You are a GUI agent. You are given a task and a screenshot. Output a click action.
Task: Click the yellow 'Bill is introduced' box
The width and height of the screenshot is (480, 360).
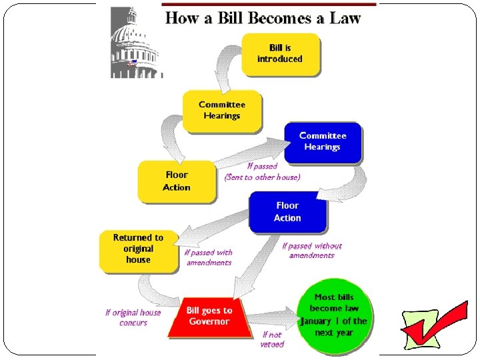(x=280, y=53)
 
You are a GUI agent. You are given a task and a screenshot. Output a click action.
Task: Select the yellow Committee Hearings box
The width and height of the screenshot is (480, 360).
(x=222, y=110)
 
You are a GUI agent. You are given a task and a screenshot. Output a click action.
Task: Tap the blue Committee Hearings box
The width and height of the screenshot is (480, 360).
(x=323, y=141)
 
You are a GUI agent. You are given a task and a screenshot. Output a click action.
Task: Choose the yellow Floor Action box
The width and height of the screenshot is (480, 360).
(x=177, y=181)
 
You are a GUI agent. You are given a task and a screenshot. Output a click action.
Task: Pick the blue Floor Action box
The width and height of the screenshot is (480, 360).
(x=287, y=212)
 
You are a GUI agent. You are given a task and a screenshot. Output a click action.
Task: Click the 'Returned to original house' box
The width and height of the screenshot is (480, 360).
(x=138, y=249)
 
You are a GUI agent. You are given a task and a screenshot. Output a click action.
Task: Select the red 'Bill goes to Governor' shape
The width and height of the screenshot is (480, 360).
(x=209, y=317)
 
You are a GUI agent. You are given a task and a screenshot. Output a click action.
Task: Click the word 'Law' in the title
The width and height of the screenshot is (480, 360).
(x=345, y=18)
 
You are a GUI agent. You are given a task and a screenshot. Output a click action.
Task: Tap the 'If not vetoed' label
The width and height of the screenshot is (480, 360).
(x=272, y=339)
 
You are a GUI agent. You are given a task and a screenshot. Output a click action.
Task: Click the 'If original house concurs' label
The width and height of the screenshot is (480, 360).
(x=133, y=317)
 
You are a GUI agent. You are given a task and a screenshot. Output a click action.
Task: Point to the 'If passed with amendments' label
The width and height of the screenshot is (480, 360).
(x=209, y=257)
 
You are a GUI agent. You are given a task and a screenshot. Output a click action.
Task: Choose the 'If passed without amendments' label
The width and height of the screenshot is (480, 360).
(x=311, y=251)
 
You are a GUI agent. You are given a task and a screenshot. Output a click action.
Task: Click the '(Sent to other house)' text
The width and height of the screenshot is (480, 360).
(x=263, y=177)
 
